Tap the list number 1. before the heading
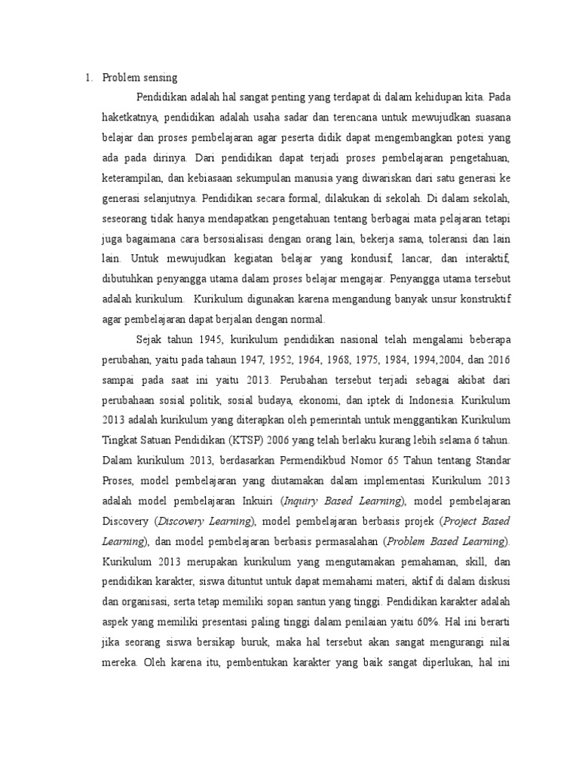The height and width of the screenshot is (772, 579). (x=87, y=77)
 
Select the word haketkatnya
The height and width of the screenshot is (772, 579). (x=130, y=118)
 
